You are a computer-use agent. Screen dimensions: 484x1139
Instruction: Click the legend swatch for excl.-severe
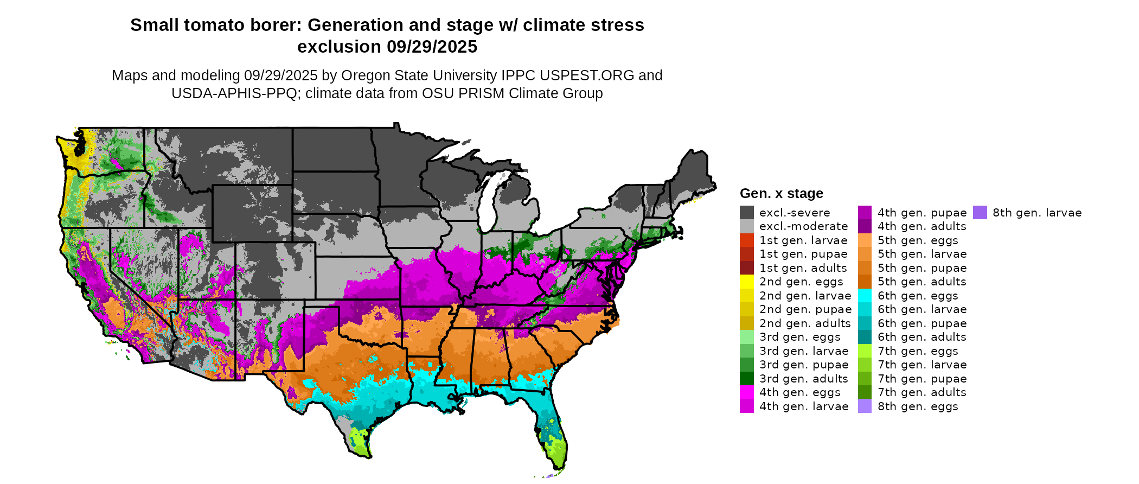[747, 213]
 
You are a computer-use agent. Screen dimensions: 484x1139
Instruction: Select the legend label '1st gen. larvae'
[803, 240]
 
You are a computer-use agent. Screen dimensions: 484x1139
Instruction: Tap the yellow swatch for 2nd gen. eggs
[747, 282]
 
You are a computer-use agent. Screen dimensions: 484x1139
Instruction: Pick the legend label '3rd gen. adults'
[803, 379]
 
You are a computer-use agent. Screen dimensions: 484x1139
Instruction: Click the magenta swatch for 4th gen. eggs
[747, 392]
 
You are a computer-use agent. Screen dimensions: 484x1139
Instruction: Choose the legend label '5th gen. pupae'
[922, 268]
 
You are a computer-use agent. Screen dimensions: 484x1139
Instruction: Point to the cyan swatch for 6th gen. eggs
[865, 296]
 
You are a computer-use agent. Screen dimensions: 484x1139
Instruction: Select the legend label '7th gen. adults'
[922, 392]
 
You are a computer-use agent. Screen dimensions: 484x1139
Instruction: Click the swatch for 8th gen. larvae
[980, 213]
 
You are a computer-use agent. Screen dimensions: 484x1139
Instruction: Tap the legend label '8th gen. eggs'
[918, 406]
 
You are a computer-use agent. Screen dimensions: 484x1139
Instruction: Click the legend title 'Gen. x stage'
[781, 194]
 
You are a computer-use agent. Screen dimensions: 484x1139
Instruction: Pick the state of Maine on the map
[695, 174]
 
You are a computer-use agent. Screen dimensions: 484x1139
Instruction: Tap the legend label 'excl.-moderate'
[803, 226]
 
